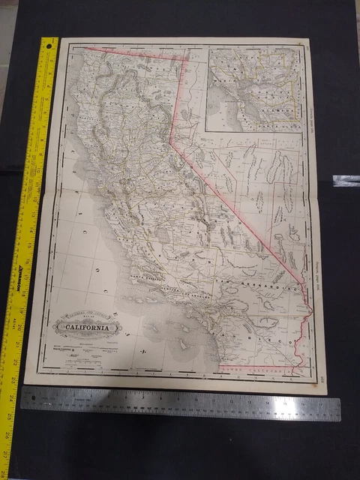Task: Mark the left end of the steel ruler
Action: tap(23, 398)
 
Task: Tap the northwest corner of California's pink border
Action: tap(83, 47)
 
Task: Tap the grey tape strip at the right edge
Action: tap(346, 181)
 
